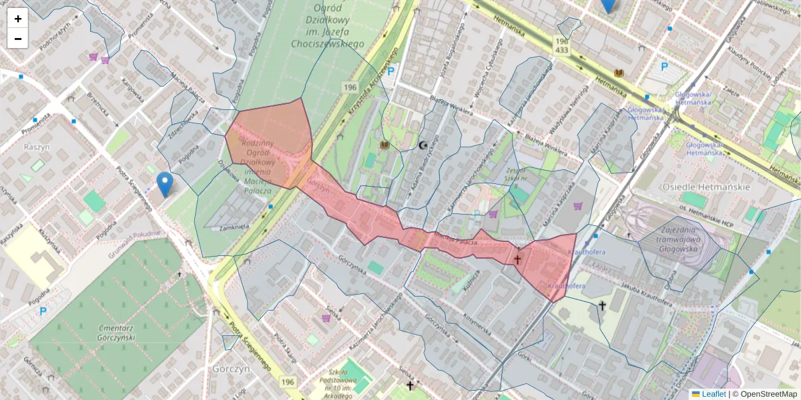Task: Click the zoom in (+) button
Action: point(18,19)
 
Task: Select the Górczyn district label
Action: point(230,368)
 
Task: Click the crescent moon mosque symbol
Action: point(422,145)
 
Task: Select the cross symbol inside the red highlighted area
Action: point(517,259)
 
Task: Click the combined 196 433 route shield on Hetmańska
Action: point(561,45)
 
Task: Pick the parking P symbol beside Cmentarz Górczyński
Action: point(43,311)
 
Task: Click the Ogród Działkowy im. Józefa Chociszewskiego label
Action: point(327,25)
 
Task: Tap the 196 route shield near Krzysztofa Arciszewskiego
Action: point(350,87)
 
